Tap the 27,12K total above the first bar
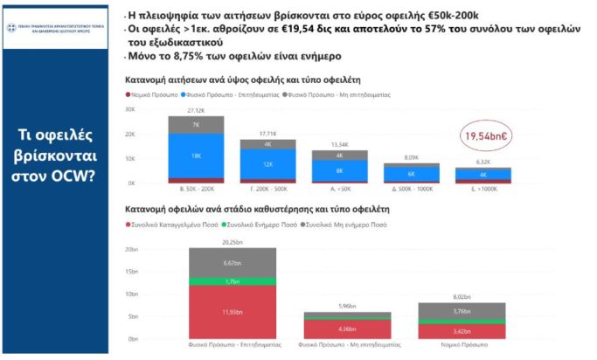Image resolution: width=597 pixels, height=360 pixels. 196,111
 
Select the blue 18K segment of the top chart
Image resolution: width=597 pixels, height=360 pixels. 196,155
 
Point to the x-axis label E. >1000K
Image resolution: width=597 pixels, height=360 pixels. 482,189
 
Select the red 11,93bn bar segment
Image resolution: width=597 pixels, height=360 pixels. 233,311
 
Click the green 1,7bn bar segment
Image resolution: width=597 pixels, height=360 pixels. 233,281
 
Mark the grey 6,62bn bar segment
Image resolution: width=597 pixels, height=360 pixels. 233,262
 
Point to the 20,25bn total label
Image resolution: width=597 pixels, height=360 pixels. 233,242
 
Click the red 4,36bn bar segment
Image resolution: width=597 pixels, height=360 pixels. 347,329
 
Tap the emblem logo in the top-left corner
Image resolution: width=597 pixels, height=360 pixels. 15,16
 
